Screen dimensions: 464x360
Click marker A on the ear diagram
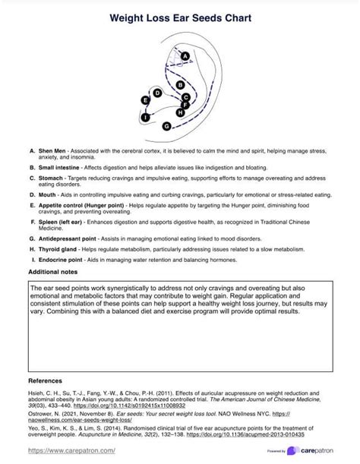tap(185, 55)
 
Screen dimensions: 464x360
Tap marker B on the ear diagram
tap(179, 84)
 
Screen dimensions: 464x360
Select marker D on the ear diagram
tap(157, 93)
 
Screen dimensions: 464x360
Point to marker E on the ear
tap(145, 100)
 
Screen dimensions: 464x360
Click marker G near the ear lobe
tap(166, 125)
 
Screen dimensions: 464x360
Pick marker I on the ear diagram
tap(144, 118)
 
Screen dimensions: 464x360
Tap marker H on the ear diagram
tap(180, 112)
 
